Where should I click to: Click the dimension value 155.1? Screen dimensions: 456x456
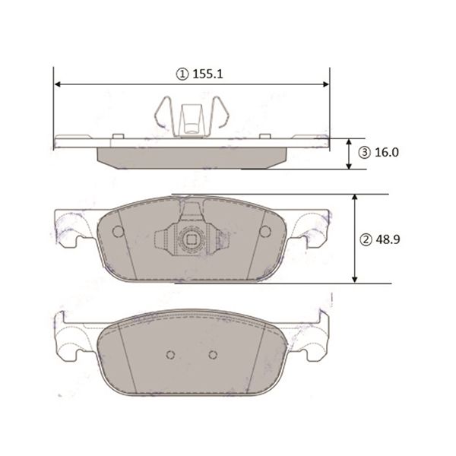point(207,74)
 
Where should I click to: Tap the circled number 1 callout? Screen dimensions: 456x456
point(182,74)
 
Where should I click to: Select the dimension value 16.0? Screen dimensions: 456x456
point(387,153)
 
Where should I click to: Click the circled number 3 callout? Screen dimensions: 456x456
point(364,153)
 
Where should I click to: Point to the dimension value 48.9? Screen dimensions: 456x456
point(388,239)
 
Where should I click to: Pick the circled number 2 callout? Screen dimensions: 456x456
point(366,239)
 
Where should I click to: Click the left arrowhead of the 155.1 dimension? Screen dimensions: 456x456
point(58,84)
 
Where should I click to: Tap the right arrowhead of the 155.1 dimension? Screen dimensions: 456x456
point(326,84)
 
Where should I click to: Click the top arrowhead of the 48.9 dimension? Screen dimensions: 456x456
point(354,198)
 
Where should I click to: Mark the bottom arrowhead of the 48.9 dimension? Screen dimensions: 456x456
point(354,279)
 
